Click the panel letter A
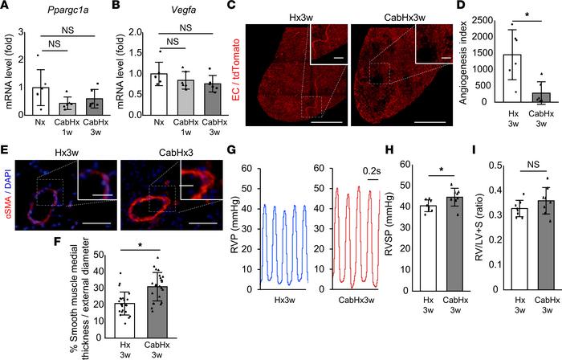pos(6,7)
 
